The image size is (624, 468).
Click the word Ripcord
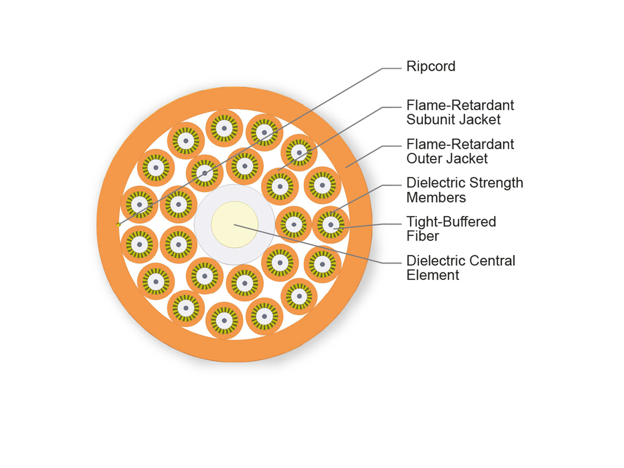click(431, 67)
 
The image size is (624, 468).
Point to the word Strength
click(497, 183)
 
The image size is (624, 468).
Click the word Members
click(436, 198)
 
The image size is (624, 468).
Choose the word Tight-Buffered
click(451, 222)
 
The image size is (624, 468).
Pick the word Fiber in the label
click(422, 236)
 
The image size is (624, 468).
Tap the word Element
click(433, 275)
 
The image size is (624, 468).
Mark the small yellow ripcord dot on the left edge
click(119, 225)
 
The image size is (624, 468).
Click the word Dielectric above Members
click(436, 183)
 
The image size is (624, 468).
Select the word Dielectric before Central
click(436, 261)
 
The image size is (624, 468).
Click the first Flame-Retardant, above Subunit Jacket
click(460, 105)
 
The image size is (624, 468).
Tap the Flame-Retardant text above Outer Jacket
click(460, 144)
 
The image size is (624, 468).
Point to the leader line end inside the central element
click(235, 225)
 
